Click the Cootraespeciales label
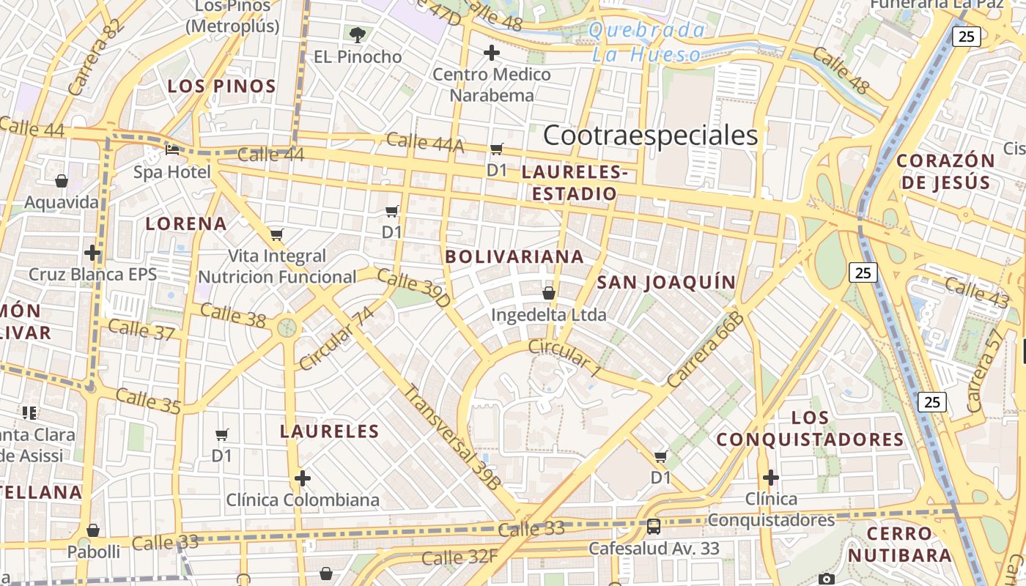650,136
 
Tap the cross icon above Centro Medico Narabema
492,53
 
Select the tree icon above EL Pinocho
358,34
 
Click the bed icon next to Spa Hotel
172,150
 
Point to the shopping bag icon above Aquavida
62,180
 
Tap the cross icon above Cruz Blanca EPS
92,253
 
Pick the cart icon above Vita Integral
276,234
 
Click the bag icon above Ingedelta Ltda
548,294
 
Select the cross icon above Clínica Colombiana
303,479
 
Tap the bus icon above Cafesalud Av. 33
653,526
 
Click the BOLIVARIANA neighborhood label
514,256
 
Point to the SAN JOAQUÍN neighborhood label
665,283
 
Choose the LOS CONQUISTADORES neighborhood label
811,429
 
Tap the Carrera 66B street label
705,349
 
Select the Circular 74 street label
337,338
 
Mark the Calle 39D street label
414,287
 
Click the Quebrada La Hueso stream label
647,42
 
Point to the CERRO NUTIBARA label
900,544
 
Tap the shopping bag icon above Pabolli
93,530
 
